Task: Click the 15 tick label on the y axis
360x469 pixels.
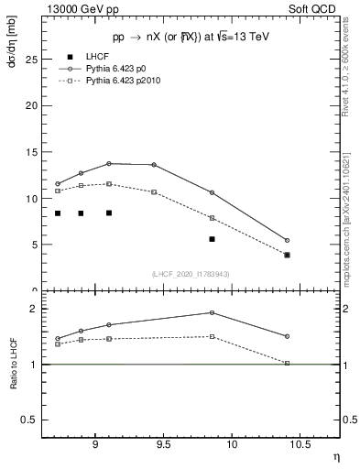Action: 29,151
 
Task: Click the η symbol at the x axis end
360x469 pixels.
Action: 336,455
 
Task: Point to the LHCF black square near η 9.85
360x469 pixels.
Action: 212,239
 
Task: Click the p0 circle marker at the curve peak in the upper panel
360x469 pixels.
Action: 109,163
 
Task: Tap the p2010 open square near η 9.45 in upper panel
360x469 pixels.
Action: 154,192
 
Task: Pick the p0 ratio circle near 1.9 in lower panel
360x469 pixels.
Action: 212,312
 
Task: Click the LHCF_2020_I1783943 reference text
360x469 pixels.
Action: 190,274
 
